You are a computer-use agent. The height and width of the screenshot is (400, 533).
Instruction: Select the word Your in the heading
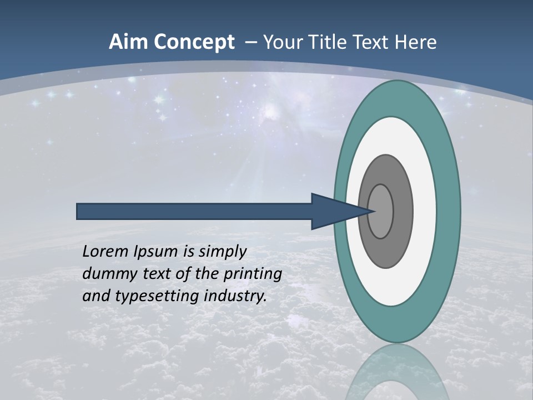pyautogui.click(x=281, y=42)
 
